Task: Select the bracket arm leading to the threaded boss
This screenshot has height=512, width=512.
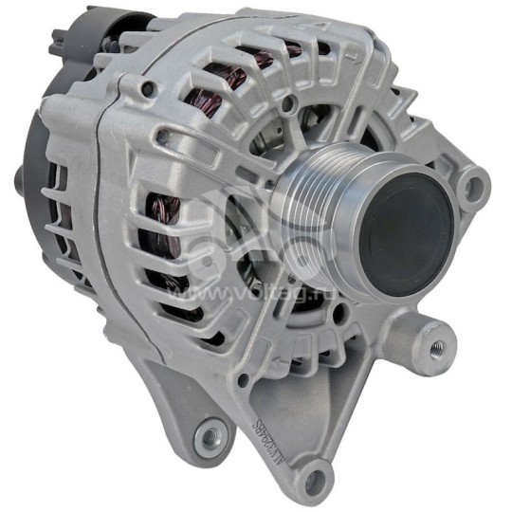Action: (x=398, y=322)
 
